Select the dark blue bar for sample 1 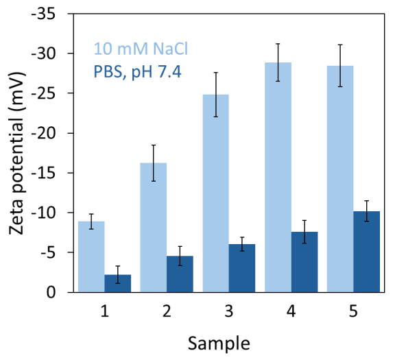[117, 283]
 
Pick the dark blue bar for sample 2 [180, 274]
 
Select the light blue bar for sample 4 [278, 178]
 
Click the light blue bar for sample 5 [340, 179]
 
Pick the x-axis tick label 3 [229, 311]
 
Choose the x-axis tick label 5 [353, 311]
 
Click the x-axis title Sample [228, 341]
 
